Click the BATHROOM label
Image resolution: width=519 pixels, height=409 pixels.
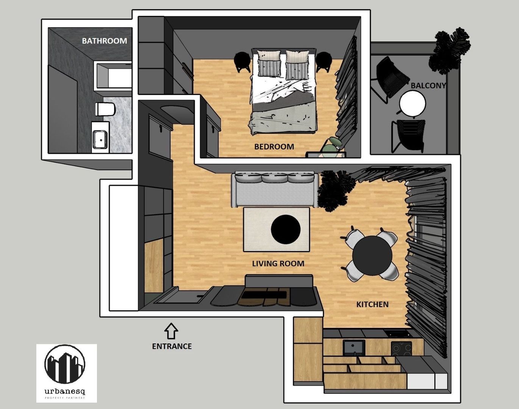click(x=105, y=41)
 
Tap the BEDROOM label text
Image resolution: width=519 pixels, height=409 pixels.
click(x=274, y=147)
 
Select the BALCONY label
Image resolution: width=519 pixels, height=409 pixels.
click(x=428, y=86)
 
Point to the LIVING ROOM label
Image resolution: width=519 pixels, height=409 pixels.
click(x=278, y=264)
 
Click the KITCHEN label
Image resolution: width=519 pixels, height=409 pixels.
click(x=372, y=304)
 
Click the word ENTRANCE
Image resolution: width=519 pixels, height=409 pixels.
click(x=172, y=346)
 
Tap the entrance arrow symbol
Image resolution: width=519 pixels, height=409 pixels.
click(x=171, y=331)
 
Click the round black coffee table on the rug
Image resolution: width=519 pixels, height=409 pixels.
click(x=286, y=229)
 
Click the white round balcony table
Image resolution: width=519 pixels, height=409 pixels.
click(x=413, y=103)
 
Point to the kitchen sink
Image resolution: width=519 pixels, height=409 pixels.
click(x=354, y=347)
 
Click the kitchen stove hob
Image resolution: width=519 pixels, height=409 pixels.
click(x=401, y=348)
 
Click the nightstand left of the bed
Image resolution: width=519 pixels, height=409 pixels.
click(x=242, y=62)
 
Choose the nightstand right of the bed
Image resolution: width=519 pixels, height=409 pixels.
click(x=324, y=62)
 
